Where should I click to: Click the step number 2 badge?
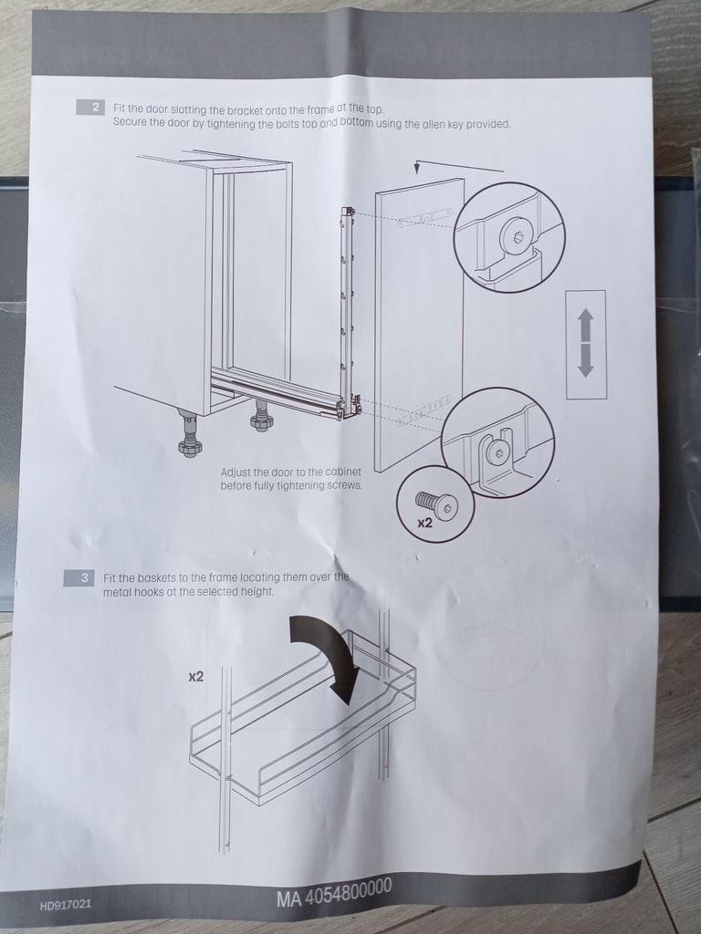coord(91,108)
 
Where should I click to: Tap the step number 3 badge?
coord(79,577)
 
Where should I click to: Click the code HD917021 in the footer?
coord(66,905)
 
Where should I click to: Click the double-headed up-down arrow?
coord(586,343)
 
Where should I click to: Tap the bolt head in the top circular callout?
coord(515,236)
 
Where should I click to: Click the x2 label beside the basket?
coord(196,677)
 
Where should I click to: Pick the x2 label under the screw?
coord(424,524)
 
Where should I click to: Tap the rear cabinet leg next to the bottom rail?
coord(260,416)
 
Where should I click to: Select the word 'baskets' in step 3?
coord(156,577)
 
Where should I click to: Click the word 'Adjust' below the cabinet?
coord(235,472)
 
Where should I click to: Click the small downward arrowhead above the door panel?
coord(417,169)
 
